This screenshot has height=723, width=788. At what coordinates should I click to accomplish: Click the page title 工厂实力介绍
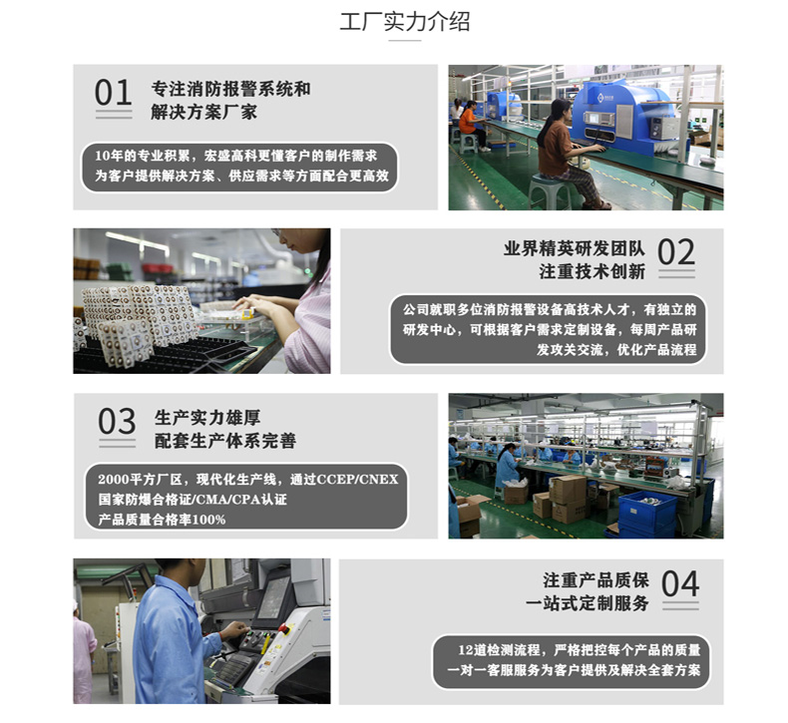[405, 22]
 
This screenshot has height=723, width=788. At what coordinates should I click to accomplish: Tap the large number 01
[113, 93]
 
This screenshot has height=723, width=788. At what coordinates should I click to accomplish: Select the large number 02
[676, 252]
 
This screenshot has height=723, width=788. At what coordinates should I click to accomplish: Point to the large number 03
[117, 421]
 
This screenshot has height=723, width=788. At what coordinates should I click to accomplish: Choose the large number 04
[680, 583]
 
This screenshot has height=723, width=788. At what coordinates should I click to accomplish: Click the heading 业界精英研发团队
[574, 248]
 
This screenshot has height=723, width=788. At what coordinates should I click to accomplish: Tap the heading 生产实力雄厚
[207, 417]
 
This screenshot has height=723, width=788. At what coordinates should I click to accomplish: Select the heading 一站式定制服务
[587, 603]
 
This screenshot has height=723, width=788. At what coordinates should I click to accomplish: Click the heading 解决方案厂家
[204, 112]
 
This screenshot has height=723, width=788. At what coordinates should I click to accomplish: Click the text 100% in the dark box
[208, 520]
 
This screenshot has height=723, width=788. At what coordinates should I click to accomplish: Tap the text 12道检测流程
[498, 650]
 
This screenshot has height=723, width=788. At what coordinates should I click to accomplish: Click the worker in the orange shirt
[471, 125]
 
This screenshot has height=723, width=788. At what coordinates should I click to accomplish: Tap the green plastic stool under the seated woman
[550, 191]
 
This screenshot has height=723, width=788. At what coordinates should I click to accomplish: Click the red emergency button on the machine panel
[284, 628]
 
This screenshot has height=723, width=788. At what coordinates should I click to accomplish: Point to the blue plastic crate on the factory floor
[647, 513]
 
